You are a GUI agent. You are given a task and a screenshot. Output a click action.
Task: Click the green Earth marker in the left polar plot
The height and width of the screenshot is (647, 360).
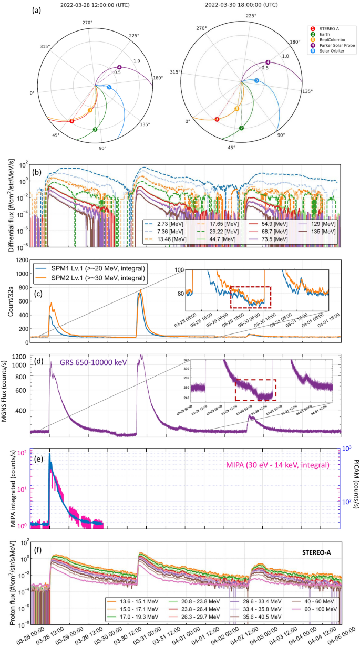pyautogui.click(x=95, y=129)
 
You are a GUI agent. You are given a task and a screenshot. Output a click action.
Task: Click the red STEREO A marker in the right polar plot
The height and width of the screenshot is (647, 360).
pyautogui.click(x=217, y=119)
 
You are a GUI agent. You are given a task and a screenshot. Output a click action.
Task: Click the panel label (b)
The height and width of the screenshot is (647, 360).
pyautogui.click(x=37, y=172)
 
